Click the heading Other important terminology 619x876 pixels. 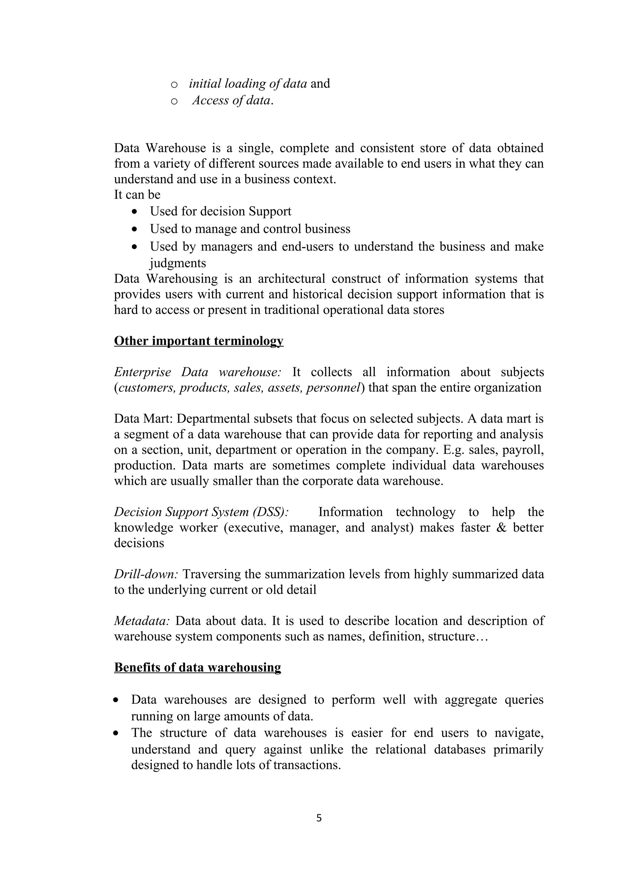pos(198,341)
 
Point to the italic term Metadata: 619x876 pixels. pos(141,621)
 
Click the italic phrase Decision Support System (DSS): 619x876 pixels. pos(201,512)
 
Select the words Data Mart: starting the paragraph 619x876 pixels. pos(144,419)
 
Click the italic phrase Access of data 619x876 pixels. pos(233,100)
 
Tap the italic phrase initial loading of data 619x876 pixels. pos(248,83)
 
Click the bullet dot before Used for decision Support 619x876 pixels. pos(134,212)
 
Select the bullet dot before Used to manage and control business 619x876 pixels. pos(134,229)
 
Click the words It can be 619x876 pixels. pos(137,195)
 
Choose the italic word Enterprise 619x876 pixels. pos(143,372)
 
